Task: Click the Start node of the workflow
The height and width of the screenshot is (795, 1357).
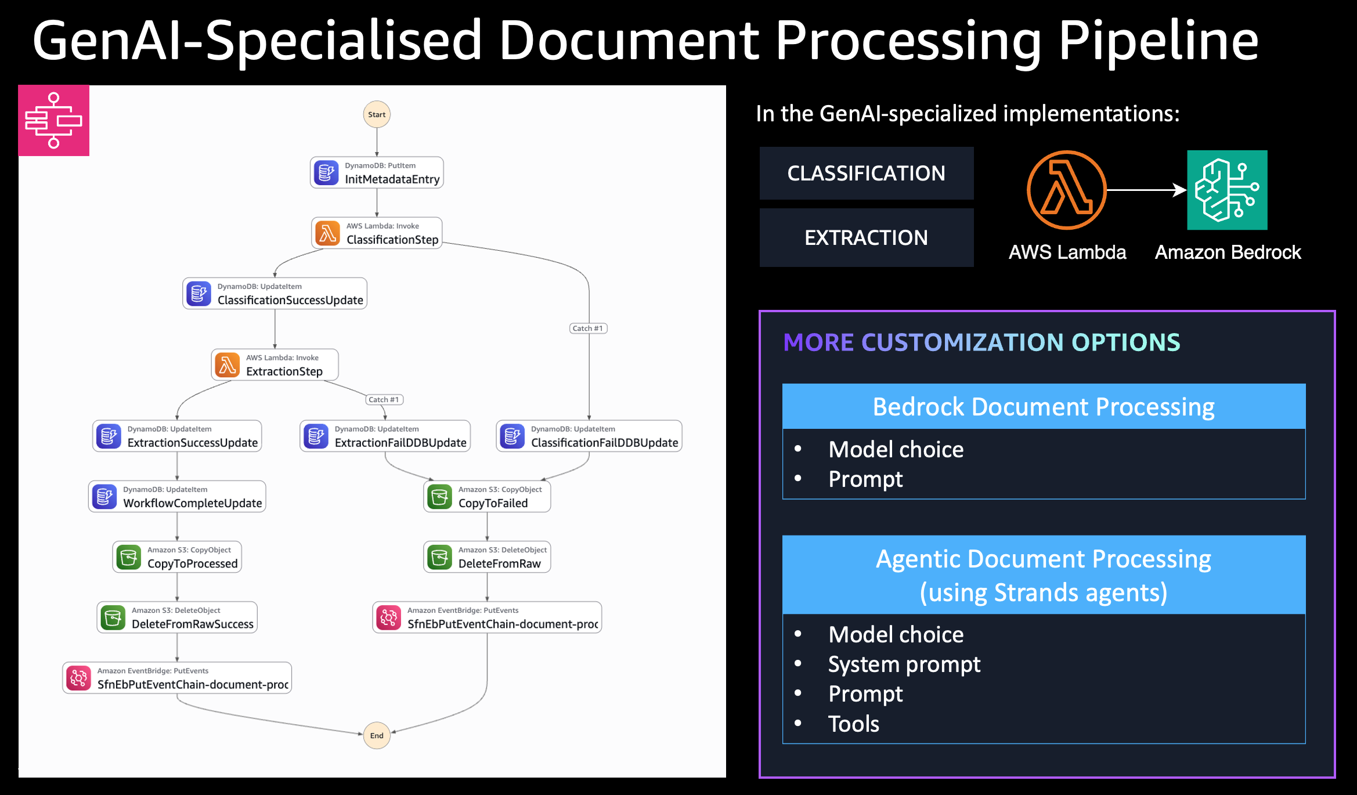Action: pyautogui.click(x=377, y=114)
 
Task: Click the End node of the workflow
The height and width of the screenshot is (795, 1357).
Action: pyautogui.click(x=377, y=735)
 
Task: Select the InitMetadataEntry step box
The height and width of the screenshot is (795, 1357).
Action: pyautogui.click(x=377, y=172)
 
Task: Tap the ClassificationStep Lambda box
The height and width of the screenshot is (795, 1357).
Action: pyautogui.click(x=377, y=233)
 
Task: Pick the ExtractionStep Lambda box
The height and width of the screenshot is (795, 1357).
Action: pyautogui.click(x=275, y=364)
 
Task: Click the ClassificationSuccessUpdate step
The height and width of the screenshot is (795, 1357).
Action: pyautogui.click(x=275, y=293)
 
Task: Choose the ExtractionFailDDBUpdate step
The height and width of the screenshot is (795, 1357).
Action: pyautogui.click(x=385, y=436)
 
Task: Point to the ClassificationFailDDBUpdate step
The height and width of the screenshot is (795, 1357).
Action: pyautogui.click(x=589, y=436)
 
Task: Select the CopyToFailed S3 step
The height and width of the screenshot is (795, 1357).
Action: pyautogui.click(x=486, y=496)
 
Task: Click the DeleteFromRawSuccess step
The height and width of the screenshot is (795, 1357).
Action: pyautogui.click(x=177, y=617)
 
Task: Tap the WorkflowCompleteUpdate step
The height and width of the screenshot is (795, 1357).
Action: pyautogui.click(x=177, y=496)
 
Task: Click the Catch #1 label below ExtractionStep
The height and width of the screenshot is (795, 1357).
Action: pyautogui.click(x=384, y=399)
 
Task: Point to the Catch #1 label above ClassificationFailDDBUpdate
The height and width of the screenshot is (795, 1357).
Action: pyautogui.click(x=588, y=328)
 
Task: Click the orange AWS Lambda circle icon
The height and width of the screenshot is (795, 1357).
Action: pyautogui.click(x=1066, y=190)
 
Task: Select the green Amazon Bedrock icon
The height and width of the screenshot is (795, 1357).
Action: pyautogui.click(x=1227, y=190)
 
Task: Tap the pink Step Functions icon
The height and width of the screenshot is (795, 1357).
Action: pyautogui.click(x=53, y=120)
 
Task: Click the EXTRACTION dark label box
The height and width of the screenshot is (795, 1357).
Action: pyautogui.click(x=866, y=237)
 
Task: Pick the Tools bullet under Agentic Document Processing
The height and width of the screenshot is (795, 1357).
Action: pyautogui.click(x=853, y=724)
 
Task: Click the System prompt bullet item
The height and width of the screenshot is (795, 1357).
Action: pyautogui.click(x=904, y=664)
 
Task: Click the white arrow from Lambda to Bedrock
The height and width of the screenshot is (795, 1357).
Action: pyautogui.click(x=1146, y=190)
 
